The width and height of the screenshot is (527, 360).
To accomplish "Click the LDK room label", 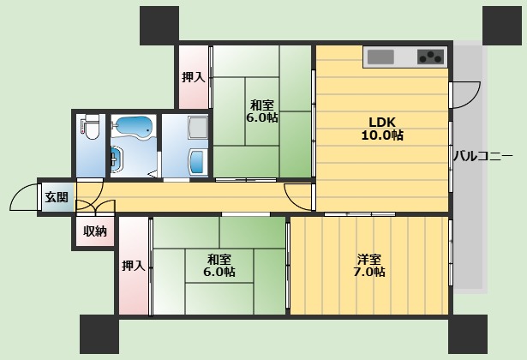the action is [x=382, y=122].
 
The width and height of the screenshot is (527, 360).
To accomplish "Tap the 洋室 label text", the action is [x=369, y=259].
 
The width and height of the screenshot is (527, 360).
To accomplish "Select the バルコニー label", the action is [x=483, y=156].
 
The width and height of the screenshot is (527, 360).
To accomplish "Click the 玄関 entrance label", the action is [x=57, y=197].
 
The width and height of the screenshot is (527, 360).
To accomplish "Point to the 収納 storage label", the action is [x=95, y=231].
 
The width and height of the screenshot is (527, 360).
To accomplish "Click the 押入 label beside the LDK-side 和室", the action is [x=194, y=77].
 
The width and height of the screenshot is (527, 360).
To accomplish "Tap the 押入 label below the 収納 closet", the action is [x=134, y=266].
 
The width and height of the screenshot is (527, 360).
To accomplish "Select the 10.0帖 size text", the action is [x=382, y=135].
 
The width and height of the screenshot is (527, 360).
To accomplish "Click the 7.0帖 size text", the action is [x=369, y=272].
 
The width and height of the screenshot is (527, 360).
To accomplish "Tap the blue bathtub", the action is [x=134, y=127].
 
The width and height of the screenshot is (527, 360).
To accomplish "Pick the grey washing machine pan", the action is [x=198, y=128].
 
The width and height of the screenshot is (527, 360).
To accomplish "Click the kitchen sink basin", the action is [x=380, y=57].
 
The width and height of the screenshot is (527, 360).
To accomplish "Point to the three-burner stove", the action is [x=430, y=57].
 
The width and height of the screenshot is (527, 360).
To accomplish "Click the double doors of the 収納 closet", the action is [x=96, y=208].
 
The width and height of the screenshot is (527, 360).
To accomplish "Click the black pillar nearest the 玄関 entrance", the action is [x=99, y=334].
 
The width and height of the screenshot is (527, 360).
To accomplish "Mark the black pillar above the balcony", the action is [x=502, y=26].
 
